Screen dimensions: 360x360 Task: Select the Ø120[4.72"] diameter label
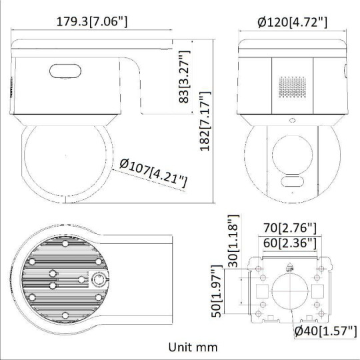(291, 22)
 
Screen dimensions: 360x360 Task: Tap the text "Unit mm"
(193, 347)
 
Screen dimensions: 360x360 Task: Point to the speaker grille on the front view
(291, 87)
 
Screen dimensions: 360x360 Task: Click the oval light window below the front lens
(291, 183)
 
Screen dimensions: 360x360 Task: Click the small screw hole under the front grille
(291, 121)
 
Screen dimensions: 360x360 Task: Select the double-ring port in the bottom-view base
(99, 280)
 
